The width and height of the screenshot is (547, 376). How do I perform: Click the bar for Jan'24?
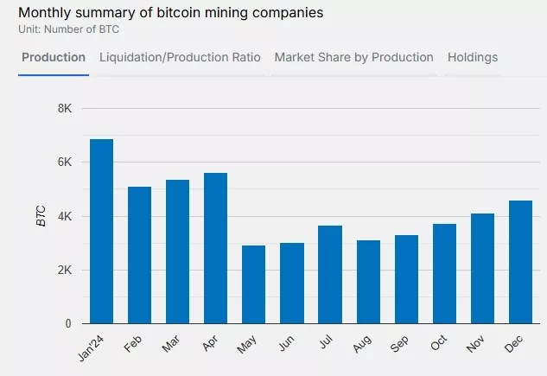(101, 232)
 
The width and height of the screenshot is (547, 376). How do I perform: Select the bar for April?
(215, 248)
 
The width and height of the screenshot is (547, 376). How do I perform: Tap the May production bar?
(253, 284)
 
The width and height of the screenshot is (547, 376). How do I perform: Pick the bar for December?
(520, 262)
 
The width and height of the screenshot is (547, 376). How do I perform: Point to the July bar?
(329, 274)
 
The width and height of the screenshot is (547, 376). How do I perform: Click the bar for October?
(444, 273)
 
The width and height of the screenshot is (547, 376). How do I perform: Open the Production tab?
(54, 58)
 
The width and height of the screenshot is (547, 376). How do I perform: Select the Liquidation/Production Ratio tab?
(180, 58)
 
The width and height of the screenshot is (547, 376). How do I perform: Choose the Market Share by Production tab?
(353, 58)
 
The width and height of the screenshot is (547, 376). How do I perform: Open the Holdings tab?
(472, 58)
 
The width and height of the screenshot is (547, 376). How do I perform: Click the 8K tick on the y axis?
(65, 109)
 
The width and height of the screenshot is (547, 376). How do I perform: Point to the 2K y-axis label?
(65, 271)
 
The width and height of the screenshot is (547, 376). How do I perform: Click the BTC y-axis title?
(41, 216)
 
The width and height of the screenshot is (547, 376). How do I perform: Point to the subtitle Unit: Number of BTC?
(68, 29)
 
